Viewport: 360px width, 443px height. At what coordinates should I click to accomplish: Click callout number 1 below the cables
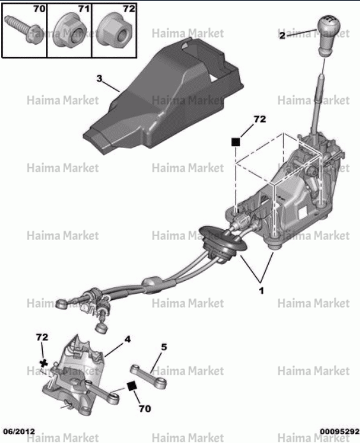pyautogui.click(x=261, y=290)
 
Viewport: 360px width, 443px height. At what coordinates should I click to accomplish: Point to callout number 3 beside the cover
pyautogui.click(x=99, y=79)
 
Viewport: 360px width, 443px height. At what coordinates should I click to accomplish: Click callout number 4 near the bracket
pyautogui.click(x=128, y=339)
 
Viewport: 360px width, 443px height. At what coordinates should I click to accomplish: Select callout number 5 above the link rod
pyautogui.click(x=164, y=347)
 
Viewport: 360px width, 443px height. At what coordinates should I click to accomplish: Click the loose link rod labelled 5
pyautogui.click(x=148, y=377)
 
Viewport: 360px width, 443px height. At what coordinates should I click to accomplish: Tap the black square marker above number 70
pyautogui.click(x=131, y=386)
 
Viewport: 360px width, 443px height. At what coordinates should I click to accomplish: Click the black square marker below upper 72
pyautogui.click(x=236, y=142)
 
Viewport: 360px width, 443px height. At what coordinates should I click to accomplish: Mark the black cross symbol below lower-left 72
pyautogui.click(x=44, y=363)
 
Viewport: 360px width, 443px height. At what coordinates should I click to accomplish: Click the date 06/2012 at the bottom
pyautogui.click(x=19, y=432)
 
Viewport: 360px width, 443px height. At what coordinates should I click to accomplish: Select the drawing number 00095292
pyautogui.click(x=340, y=432)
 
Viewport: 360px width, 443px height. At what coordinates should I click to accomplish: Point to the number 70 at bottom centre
pyautogui.click(x=145, y=409)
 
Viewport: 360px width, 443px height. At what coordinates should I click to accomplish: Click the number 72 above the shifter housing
pyautogui.click(x=260, y=119)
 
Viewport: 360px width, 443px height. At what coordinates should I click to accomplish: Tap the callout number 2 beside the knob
pyautogui.click(x=282, y=36)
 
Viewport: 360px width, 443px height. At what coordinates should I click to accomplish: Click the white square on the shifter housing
pyautogui.click(x=304, y=212)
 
